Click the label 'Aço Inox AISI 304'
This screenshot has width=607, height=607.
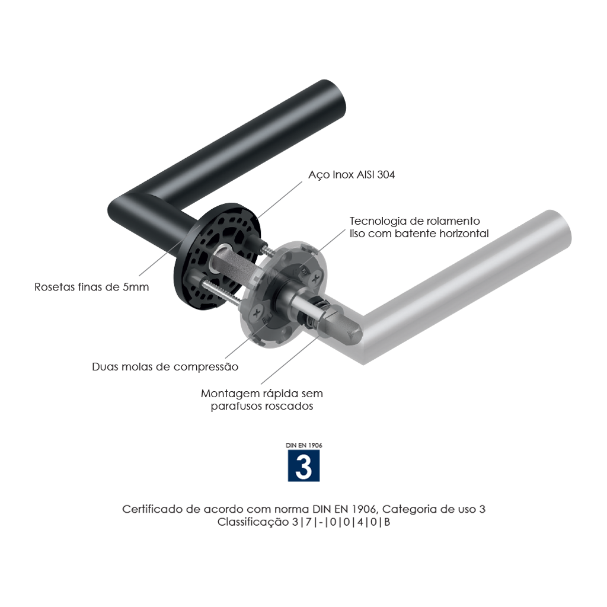coord(352,175)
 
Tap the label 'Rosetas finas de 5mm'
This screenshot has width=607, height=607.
coord(92,287)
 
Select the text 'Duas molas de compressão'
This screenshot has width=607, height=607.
coord(165,367)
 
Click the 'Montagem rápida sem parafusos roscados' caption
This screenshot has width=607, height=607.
coord(261,400)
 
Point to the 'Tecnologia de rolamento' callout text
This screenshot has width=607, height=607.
coord(414,221)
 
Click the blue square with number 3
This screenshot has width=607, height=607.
coord(304,465)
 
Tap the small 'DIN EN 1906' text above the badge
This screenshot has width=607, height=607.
coord(304,445)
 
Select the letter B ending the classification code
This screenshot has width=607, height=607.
coord(386,522)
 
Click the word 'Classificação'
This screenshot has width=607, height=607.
coord(253,522)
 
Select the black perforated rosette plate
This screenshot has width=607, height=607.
coord(217,255)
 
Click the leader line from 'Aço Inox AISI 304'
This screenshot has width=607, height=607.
coord(279,200)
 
